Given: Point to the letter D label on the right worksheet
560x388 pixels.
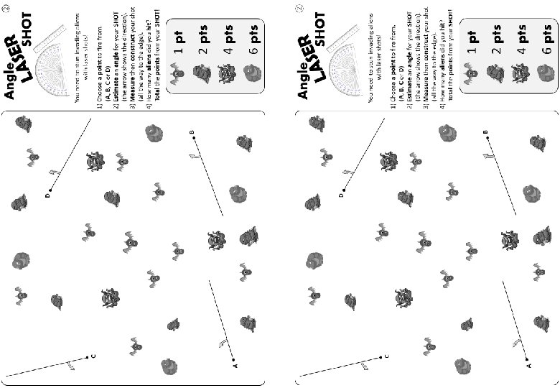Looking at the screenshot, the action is [342, 195].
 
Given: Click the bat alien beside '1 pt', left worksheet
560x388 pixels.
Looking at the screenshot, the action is [176, 72].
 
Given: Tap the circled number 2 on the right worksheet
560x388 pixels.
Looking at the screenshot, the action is [300, 9].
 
